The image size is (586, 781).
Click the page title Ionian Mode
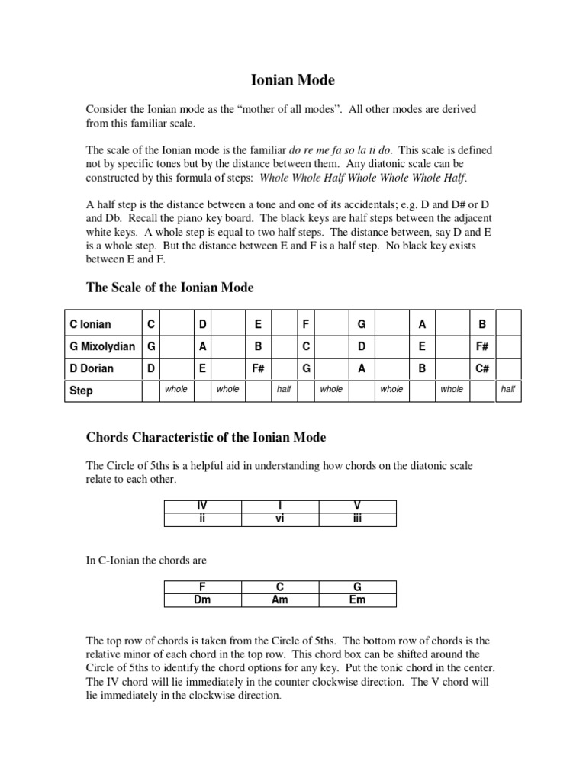[293, 79]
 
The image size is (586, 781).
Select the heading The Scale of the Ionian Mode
[169, 288]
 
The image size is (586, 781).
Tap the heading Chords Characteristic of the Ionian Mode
[205, 437]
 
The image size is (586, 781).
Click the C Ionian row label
[90, 324]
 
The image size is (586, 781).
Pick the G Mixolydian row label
[102, 346]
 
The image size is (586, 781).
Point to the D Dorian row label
[91, 368]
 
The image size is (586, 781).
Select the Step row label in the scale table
[81, 390]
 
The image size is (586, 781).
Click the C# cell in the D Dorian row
[482, 368]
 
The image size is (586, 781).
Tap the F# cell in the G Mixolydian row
[482, 346]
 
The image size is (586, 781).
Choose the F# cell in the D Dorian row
[258, 368]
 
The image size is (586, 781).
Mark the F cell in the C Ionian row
[305, 324]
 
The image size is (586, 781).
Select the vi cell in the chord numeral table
[280, 519]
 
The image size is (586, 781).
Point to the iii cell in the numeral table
[357, 519]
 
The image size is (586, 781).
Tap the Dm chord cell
[202, 599]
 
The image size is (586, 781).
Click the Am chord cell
[280, 599]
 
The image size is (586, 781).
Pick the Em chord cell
[357, 599]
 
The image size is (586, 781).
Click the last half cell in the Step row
[508, 390]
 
